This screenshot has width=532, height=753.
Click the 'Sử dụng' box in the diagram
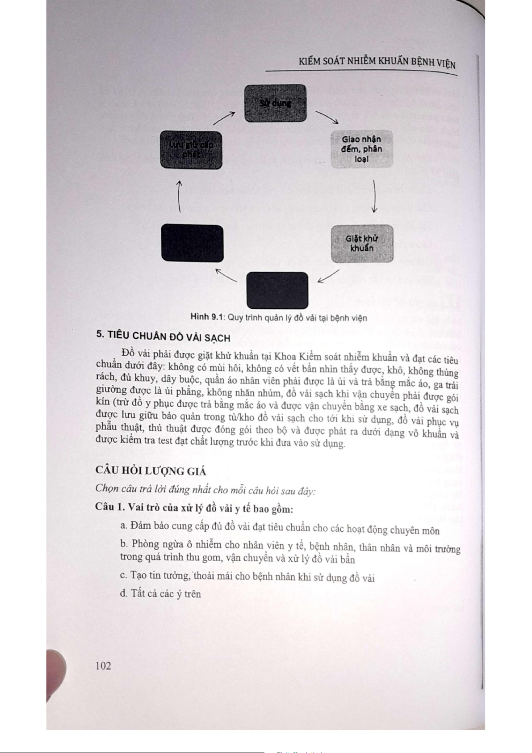click(275, 103)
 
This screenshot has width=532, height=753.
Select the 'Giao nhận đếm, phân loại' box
click(361, 149)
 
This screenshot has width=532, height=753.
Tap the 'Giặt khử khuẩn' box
click(362, 244)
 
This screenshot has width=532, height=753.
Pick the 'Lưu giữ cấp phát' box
click(191, 150)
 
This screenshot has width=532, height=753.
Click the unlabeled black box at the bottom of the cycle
click(277, 290)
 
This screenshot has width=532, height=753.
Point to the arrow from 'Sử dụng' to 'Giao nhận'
click(327, 117)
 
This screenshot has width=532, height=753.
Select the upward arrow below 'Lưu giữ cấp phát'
click(179, 197)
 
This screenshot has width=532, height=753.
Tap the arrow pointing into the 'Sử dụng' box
click(224, 118)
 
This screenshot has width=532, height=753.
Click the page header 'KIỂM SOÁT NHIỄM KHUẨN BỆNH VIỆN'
click(377, 63)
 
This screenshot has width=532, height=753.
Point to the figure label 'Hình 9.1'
click(206, 317)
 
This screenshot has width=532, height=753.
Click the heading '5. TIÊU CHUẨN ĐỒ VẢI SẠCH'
click(163, 337)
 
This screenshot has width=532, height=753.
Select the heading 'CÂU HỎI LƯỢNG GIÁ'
click(151, 471)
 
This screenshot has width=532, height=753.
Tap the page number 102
click(103, 665)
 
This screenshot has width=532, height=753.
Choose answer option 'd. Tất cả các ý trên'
click(160, 593)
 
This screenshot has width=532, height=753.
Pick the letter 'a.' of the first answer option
click(124, 525)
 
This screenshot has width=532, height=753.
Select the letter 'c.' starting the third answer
click(124, 575)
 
